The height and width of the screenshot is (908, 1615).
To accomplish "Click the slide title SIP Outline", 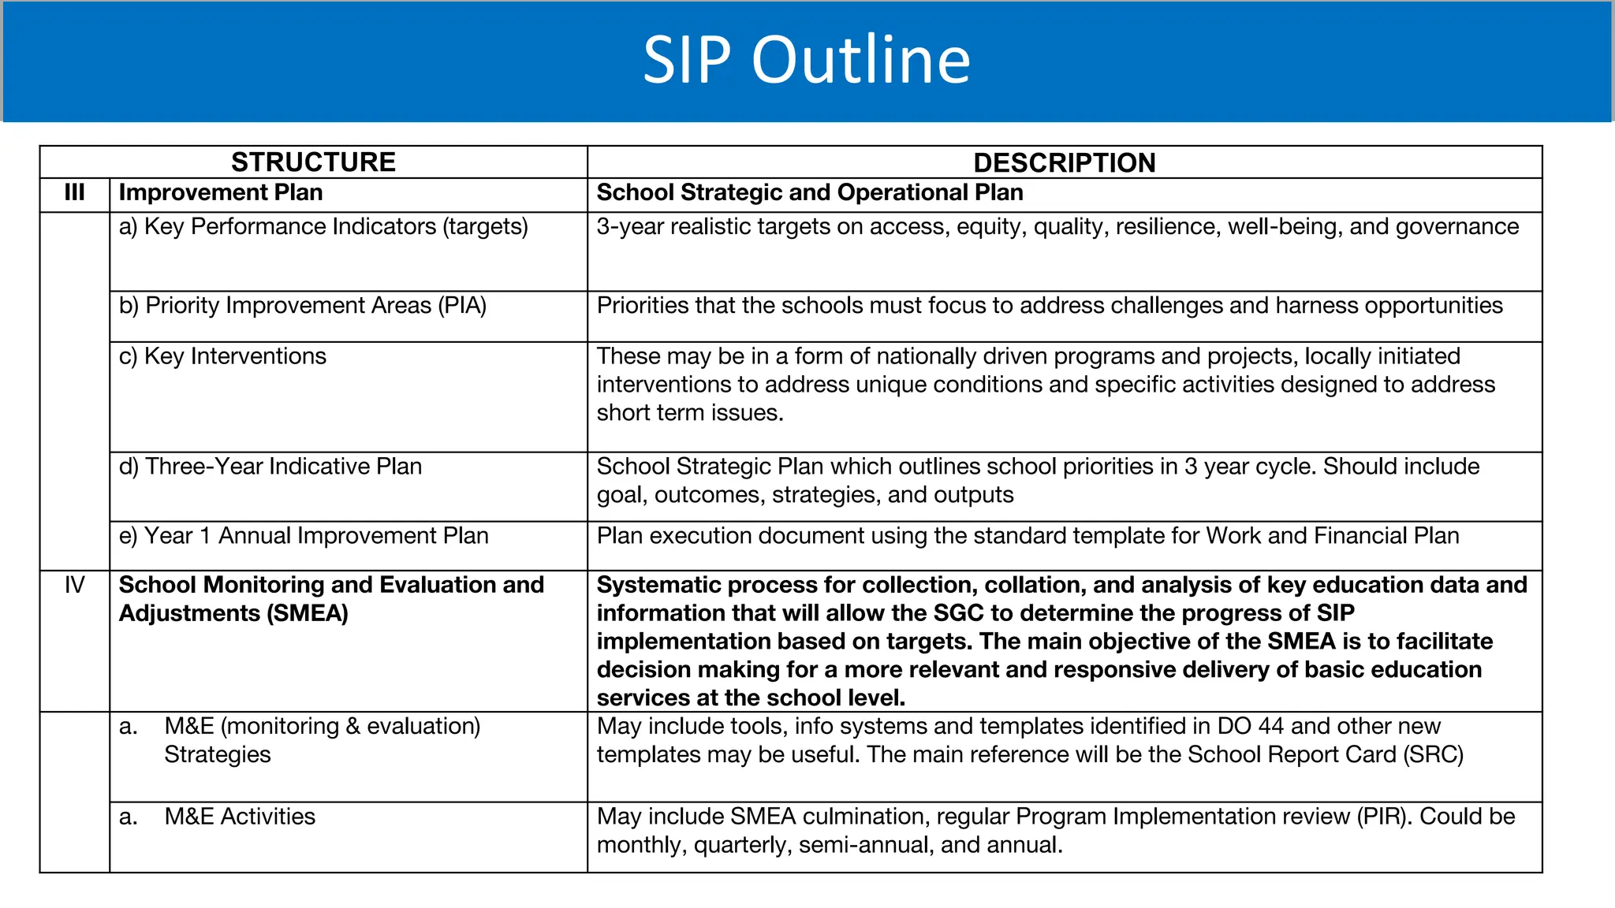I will pyautogui.click(x=806, y=60).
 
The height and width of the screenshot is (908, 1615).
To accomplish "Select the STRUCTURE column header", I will pyautogui.click(x=313, y=162).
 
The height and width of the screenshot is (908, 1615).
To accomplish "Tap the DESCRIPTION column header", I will pyautogui.click(x=1064, y=162).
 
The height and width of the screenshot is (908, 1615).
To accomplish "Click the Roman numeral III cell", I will pyautogui.click(x=74, y=193).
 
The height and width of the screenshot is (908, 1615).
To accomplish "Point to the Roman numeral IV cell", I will pyautogui.click(x=74, y=585).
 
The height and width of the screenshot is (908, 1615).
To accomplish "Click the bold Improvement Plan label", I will pyautogui.click(x=221, y=193).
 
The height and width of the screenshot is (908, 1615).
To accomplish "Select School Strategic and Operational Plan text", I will pyautogui.click(x=810, y=193).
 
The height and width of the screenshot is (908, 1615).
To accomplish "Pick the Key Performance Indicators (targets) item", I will pyautogui.click(x=323, y=227).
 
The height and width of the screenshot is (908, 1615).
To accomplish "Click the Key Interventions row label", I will pyautogui.click(x=222, y=356).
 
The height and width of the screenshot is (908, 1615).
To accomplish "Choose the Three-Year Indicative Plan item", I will pyautogui.click(x=270, y=467).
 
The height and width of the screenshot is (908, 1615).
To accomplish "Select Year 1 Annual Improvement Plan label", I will pyautogui.click(x=304, y=536).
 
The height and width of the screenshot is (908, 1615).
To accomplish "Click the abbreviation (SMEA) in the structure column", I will pyautogui.click(x=308, y=613).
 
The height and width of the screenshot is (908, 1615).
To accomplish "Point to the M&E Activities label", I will pyautogui.click(x=240, y=817).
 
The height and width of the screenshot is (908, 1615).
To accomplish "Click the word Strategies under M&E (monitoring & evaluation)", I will pyautogui.click(x=218, y=755).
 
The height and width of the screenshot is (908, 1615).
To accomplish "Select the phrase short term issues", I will pyautogui.click(x=690, y=413).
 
